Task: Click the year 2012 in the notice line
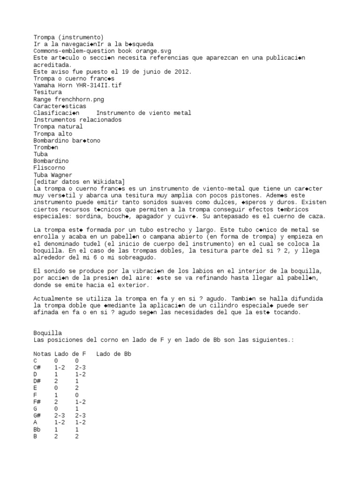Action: click(183, 72)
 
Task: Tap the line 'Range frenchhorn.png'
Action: click(68, 99)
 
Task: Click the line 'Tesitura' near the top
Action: click(47, 92)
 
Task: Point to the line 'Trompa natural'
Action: click(58, 127)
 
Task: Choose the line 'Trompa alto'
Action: click(52, 134)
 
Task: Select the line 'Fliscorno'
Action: click(49, 168)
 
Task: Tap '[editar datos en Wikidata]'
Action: click(79, 181)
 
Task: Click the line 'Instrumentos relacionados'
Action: click(77, 120)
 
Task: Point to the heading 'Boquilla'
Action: click(47, 333)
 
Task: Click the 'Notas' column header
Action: click(42, 354)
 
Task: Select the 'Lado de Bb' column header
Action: click(113, 354)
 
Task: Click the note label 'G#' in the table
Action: click(37, 416)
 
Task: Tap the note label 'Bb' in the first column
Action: click(37, 429)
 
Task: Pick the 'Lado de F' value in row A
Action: click(60, 422)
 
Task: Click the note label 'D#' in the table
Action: click(37, 381)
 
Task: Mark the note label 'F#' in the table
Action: click(37, 402)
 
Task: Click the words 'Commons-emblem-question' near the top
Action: click(74, 51)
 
